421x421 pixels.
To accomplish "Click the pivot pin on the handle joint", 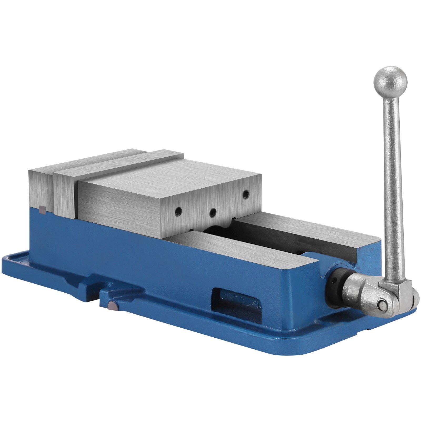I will [x=381, y=305].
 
